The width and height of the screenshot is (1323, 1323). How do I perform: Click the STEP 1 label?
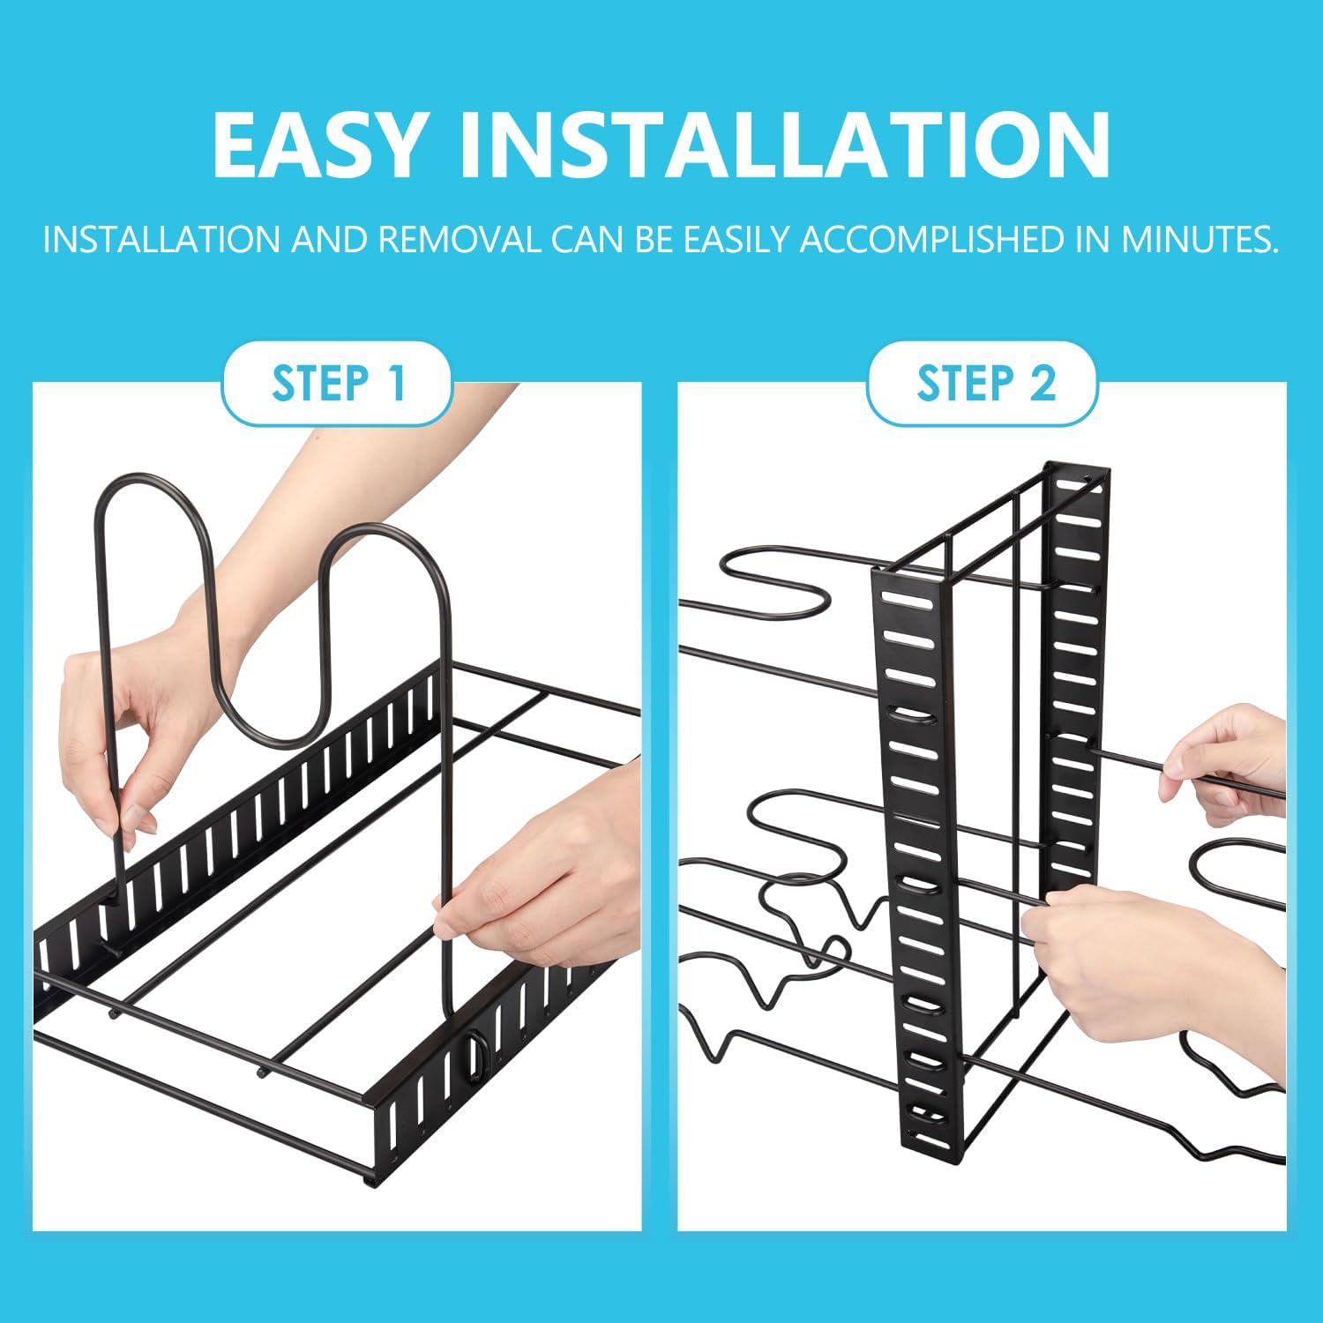[338, 384]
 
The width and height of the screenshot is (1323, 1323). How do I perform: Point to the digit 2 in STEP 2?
[1042, 384]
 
